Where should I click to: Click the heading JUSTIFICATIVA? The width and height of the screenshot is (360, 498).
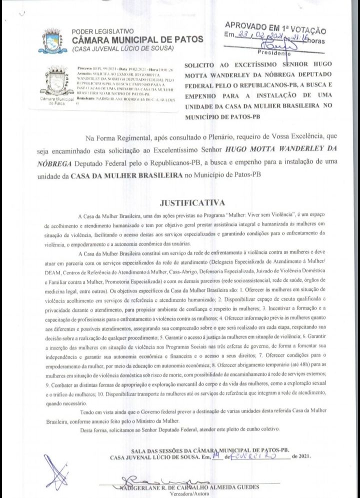(x=191, y=203)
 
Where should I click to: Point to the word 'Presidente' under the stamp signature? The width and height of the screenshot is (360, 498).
(x=273, y=52)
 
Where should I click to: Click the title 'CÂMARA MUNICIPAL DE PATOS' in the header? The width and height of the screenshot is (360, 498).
(x=137, y=39)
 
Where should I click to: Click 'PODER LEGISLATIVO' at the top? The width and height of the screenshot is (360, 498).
(x=102, y=31)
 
